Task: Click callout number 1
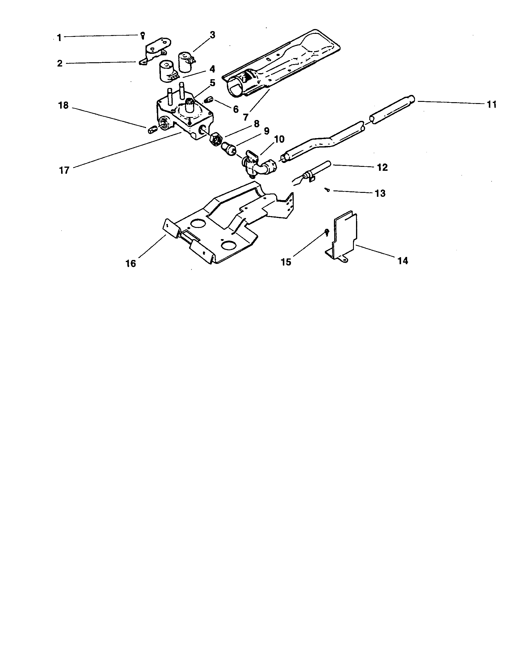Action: (59, 38)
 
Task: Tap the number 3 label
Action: (212, 35)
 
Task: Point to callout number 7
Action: (246, 117)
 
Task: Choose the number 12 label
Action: (382, 167)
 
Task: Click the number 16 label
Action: (131, 263)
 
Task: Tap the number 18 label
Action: (64, 106)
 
